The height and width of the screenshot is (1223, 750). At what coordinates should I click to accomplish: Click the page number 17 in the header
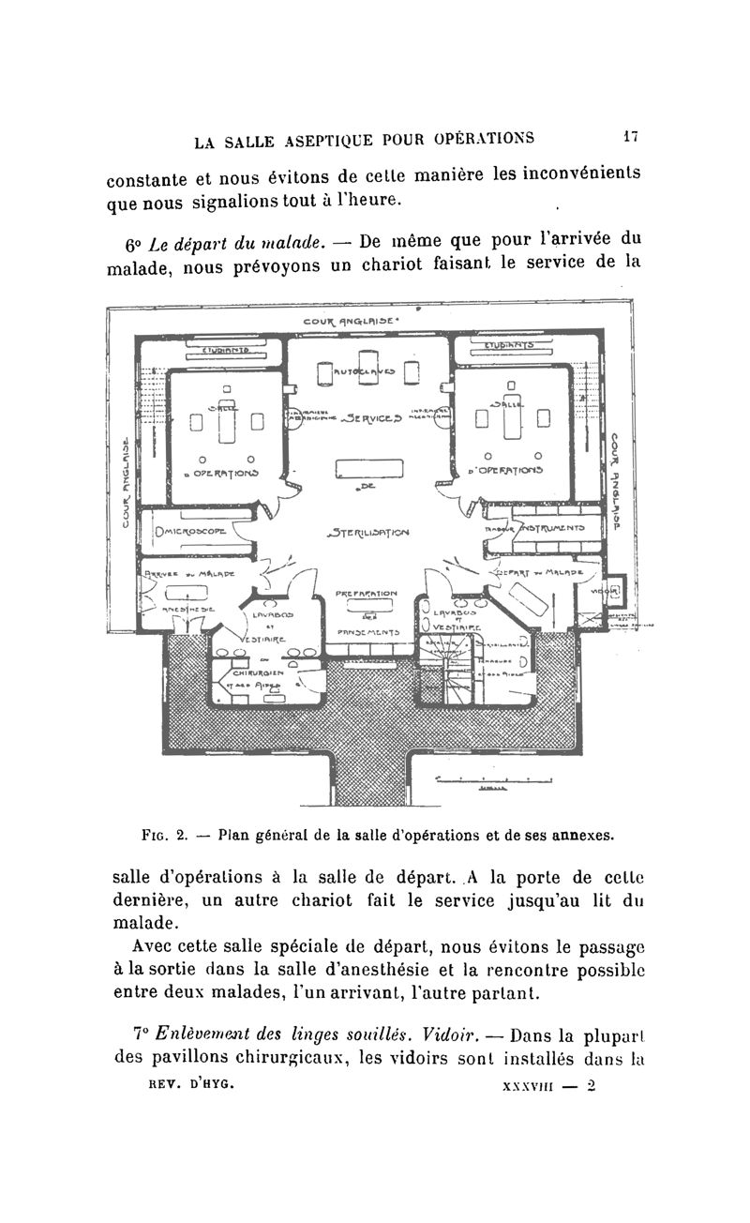pyautogui.click(x=630, y=137)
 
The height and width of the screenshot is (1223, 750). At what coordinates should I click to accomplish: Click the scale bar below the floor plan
pyautogui.click(x=496, y=778)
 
